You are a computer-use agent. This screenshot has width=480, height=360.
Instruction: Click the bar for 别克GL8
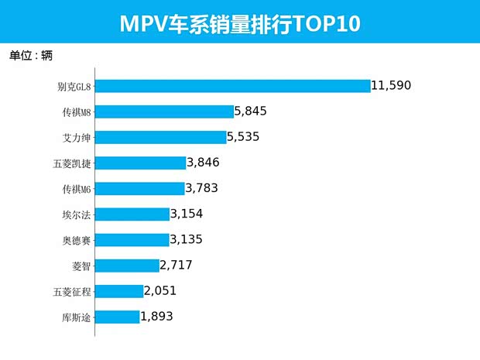pos(232,86)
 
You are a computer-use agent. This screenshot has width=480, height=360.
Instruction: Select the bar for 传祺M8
pos(164,111)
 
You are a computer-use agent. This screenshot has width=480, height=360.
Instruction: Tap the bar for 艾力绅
pos(160,137)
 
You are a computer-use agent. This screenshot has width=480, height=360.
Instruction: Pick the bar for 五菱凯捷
pos(140,163)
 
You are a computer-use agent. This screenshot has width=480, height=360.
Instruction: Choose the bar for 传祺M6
pos(139,188)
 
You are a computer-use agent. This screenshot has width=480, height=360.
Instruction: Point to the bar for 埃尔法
pos(132,214)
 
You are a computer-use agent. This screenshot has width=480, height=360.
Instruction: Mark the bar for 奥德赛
pos(132,239)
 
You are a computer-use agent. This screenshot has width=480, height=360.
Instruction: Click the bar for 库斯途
pos(117,316)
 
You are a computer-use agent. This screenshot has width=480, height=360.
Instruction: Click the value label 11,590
pos(396,86)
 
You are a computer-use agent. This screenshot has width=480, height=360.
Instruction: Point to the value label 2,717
pos(176,265)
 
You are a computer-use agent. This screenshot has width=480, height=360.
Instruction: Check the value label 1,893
pos(156,316)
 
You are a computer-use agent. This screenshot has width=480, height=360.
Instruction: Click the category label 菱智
pos(81,266)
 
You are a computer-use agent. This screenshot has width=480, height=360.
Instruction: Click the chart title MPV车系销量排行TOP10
pos(240,24)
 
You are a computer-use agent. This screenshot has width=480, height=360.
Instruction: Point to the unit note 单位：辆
pos(31,55)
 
